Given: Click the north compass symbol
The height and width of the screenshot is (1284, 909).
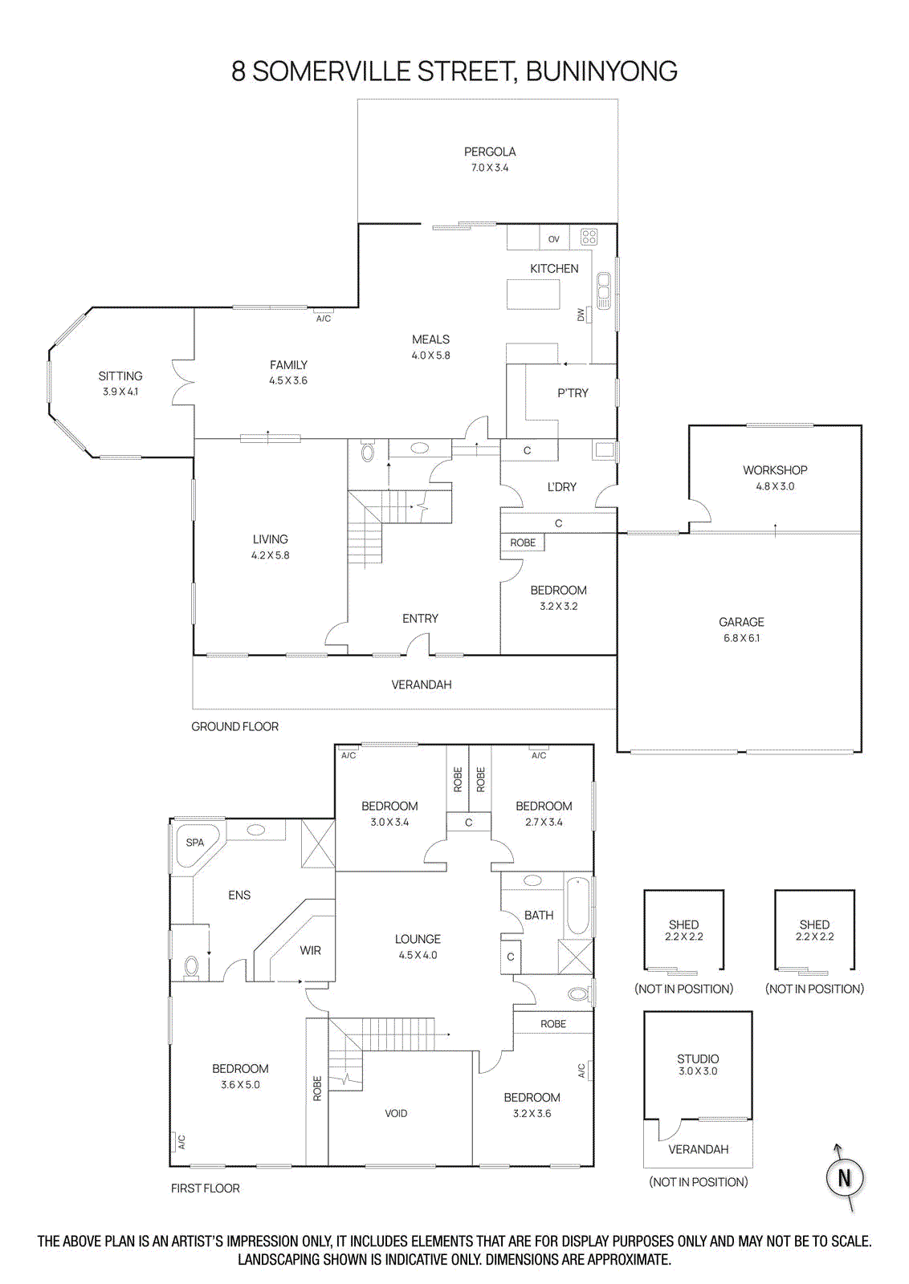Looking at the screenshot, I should (x=844, y=1177).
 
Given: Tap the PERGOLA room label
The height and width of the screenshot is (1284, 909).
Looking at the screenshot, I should (x=490, y=152).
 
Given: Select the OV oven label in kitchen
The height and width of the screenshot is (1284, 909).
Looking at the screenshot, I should (x=554, y=239).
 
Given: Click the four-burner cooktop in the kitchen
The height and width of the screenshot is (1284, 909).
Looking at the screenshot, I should (x=589, y=237).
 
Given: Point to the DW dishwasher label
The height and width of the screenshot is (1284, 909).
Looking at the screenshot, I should (x=581, y=315).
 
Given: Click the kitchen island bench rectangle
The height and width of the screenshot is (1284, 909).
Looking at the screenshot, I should (x=533, y=294).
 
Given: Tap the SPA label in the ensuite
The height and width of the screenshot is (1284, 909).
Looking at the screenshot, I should (x=195, y=843).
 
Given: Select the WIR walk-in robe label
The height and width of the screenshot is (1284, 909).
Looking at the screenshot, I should (x=311, y=950).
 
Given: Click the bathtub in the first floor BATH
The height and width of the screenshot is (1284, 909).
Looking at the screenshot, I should (x=578, y=906).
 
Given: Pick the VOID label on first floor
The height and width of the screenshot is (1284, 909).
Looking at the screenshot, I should (x=396, y=1113).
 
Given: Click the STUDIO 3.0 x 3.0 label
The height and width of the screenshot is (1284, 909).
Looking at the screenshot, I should (x=698, y=1064).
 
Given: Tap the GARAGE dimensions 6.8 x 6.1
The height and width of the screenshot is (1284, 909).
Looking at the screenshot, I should (x=741, y=638).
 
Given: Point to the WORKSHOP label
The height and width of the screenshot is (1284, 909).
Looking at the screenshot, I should (x=775, y=470).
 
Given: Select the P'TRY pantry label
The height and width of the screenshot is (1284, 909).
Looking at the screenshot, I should (x=573, y=393).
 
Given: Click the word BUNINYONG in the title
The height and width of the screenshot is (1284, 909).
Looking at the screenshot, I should (x=601, y=71).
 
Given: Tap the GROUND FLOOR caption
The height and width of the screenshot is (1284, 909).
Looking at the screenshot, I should (x=234, y=726).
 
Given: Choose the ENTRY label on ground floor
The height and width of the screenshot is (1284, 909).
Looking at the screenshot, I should (x=420, y=619).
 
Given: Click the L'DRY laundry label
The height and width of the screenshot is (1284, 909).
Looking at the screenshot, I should (x=561, y=487).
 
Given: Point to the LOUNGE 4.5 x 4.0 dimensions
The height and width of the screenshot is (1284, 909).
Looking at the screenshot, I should (x=418, y=955).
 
